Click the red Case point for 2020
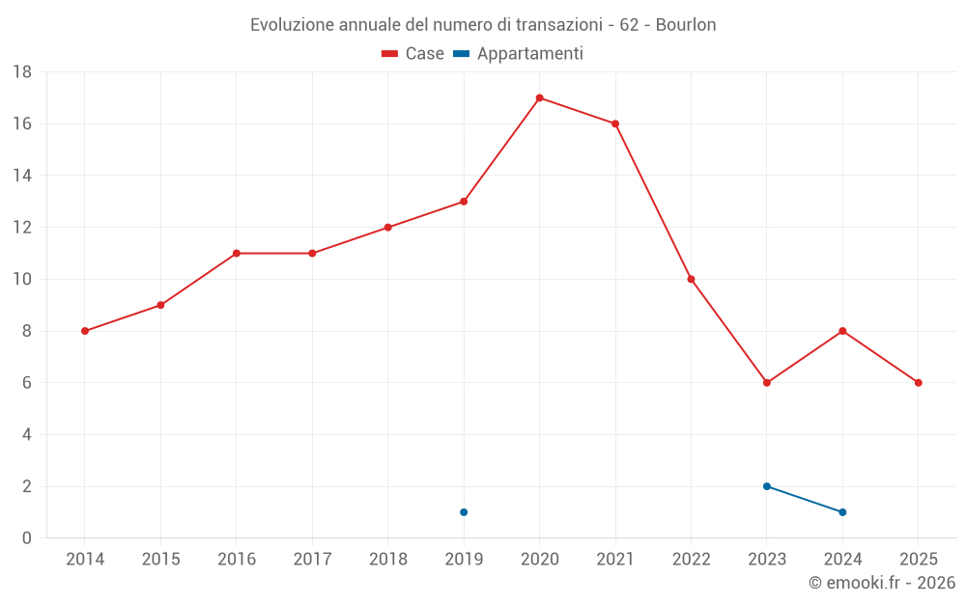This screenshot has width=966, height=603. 539,97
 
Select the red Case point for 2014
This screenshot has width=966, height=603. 85,331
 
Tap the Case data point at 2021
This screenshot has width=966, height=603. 615,123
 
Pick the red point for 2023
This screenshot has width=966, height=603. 767,383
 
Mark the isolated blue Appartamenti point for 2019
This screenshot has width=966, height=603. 464,512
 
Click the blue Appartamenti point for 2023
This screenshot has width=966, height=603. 767,486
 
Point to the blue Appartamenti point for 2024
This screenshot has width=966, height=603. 843,512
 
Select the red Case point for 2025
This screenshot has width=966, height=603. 919,383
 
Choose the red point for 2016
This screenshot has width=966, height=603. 237,253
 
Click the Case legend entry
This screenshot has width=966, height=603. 412,54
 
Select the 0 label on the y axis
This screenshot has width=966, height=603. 27,538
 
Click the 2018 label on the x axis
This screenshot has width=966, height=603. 387,560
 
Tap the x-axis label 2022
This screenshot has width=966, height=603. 691,560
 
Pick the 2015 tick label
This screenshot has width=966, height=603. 160,560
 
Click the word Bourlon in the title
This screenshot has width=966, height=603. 686,25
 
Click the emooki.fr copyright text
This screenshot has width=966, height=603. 882,583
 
